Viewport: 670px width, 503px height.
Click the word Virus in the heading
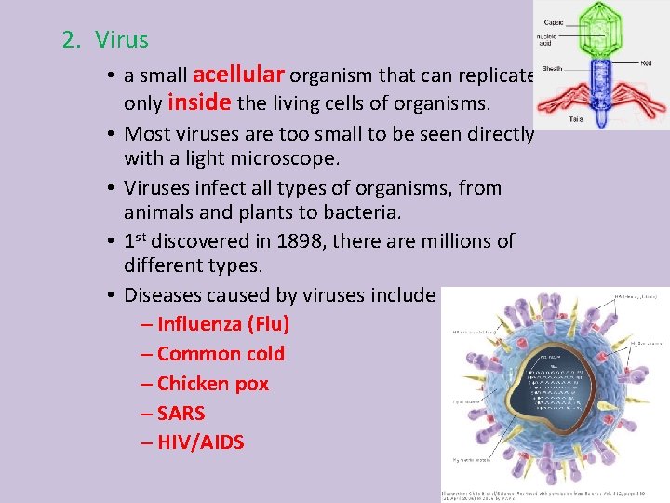121,40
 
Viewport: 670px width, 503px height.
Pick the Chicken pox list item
213,384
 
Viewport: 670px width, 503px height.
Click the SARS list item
181,413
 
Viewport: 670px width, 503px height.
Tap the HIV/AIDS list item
200,442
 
